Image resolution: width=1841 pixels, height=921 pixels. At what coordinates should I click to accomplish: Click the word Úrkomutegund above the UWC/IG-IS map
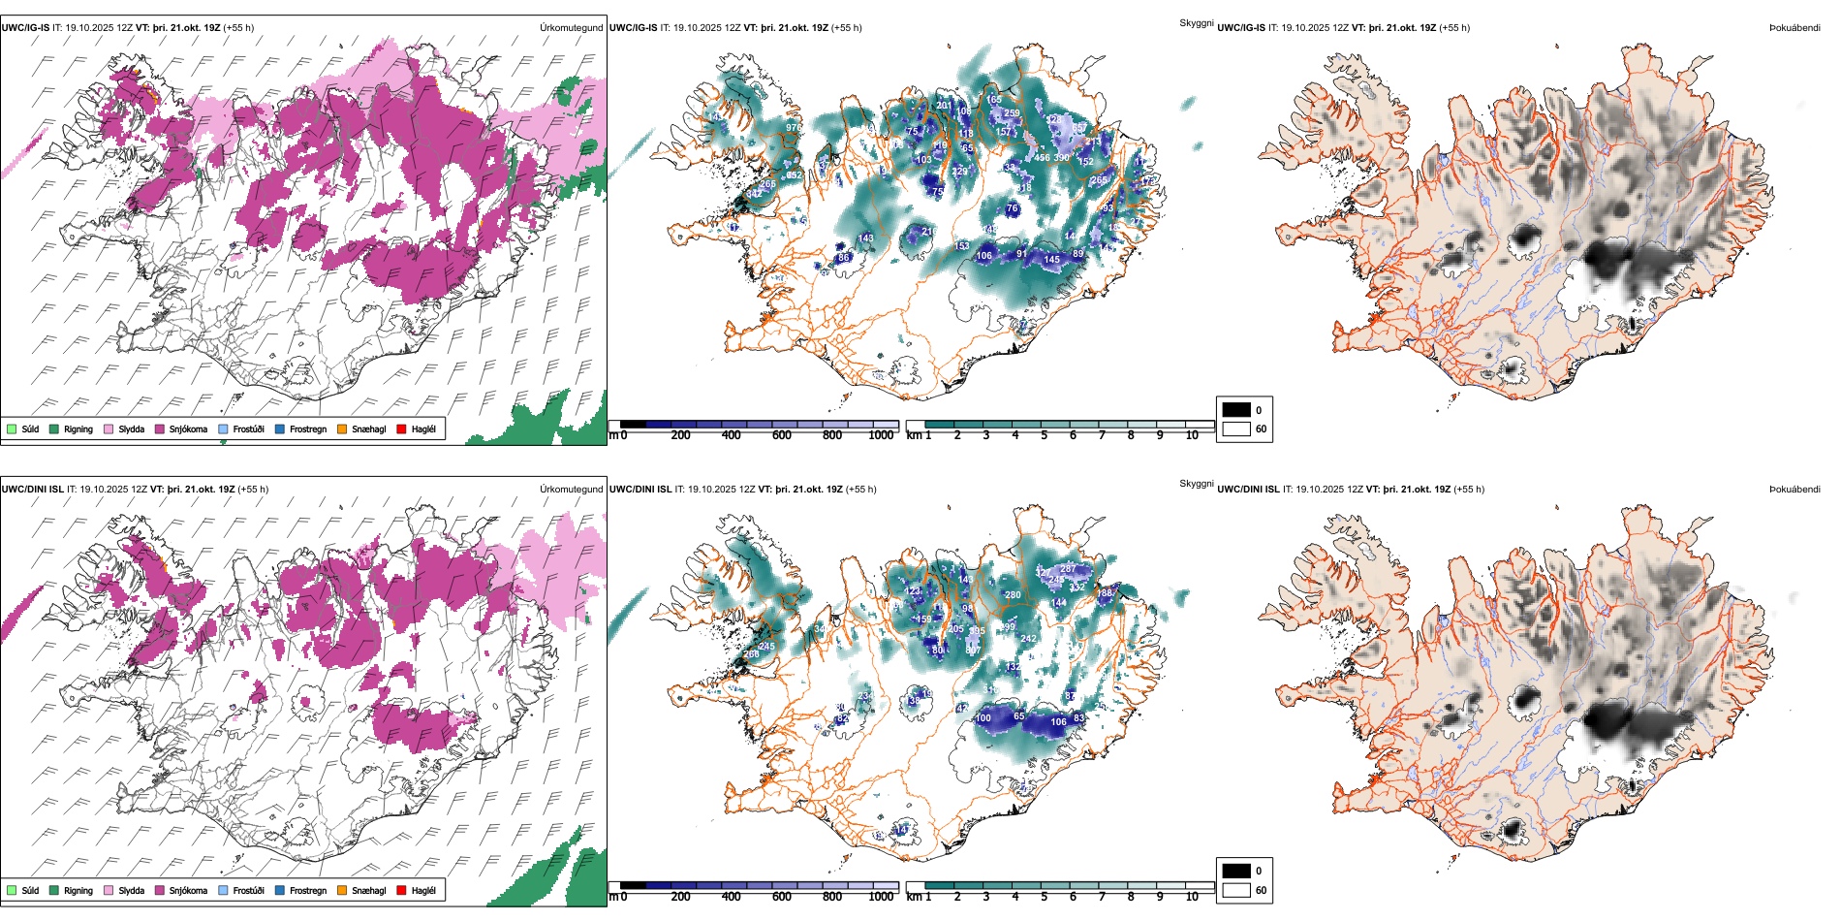[x=571, y=28]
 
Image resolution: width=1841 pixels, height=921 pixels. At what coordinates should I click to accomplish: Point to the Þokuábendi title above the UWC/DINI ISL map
[x=1794, y=490]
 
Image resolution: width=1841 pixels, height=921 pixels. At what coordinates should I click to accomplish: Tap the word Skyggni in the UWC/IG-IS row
[x=1196, y=23]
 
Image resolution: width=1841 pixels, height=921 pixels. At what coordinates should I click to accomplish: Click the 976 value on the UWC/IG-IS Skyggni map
[x=794, y=128]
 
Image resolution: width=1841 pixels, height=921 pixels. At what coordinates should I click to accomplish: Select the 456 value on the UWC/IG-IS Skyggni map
[x=1043, y=157]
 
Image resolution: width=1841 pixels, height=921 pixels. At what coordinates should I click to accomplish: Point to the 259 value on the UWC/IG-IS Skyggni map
[x=1012, y=113]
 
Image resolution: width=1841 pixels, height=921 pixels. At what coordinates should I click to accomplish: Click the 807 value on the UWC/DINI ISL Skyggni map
[x=973, y=651]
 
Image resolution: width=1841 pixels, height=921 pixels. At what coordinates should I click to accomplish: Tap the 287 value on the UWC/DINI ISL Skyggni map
[x=1068, y=569]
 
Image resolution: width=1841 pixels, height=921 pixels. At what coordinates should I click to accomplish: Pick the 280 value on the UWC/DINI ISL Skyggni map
[x=1013, y=595]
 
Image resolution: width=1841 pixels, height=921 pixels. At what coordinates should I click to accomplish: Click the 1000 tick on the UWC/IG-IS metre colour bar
[x=881, y=435]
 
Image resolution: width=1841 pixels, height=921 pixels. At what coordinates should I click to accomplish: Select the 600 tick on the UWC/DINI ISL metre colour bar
[x=782, y=897]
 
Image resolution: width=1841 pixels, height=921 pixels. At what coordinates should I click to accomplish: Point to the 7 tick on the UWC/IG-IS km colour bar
[x=1102, y=435]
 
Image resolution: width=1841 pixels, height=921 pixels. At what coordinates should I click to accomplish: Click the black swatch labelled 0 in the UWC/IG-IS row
[x=1236, y=409]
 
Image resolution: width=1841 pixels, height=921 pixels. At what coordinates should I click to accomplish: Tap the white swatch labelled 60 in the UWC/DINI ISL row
[x=1236, y=890]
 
